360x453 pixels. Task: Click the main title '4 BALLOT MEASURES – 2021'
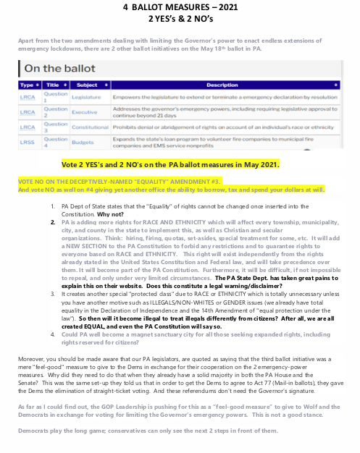click(180, 7)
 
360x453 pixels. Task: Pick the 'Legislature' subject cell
click(87, 96)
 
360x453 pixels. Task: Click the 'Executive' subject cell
click(85, 113)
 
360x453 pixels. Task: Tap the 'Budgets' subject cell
click(83, 143)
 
